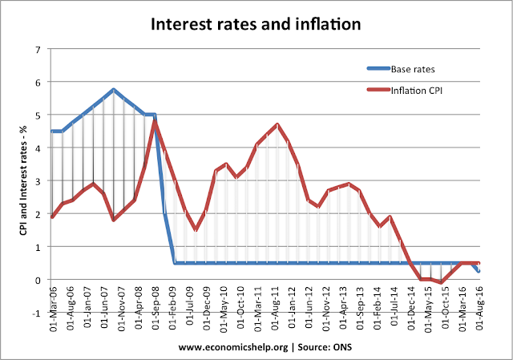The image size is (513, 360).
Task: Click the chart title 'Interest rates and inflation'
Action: (256, 24)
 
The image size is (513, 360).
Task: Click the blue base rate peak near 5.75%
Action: (114, 90)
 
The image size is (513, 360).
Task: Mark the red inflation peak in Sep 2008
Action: (154, 122)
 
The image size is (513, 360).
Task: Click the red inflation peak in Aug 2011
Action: (277, 124)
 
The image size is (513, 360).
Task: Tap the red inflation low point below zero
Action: (442, 283)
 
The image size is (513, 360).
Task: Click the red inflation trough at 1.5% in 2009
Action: (195, 229)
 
